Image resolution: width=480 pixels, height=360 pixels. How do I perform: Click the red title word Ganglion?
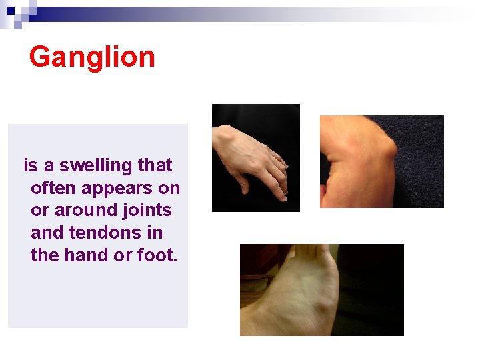tap(92, 57)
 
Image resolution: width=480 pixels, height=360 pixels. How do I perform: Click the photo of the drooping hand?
tap(255, 158)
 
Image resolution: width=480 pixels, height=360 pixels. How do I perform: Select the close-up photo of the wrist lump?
tap(381, 161)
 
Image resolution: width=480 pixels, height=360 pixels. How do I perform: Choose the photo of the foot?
tap(321, 289)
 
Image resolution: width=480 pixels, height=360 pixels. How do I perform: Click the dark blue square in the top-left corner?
tap(11, 11)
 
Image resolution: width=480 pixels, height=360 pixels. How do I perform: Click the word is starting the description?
tap(29, 165)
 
